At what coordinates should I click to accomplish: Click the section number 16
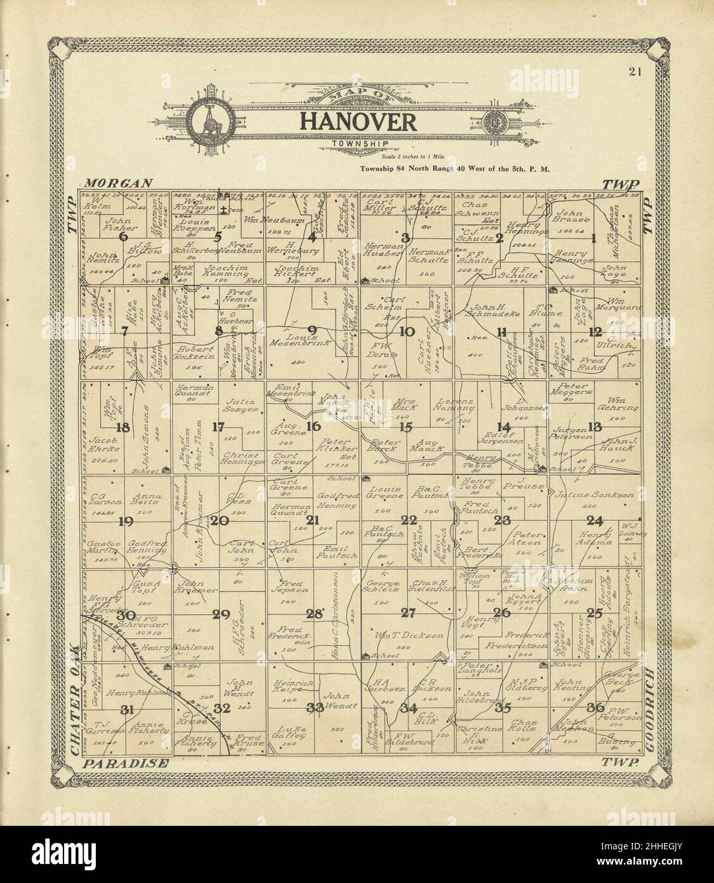click(313, 426)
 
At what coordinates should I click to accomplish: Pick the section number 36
click(595, 708)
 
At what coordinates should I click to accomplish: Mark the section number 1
click(594, 239)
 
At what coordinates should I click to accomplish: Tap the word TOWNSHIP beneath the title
click(359, 144)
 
